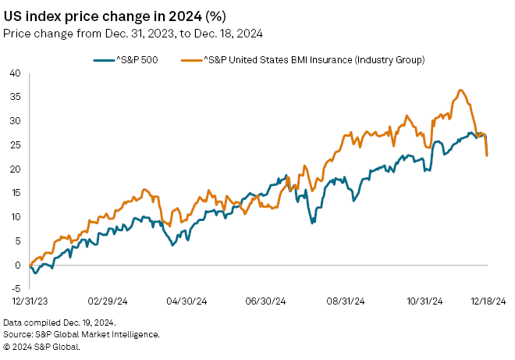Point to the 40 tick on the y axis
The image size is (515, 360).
click(14, 73)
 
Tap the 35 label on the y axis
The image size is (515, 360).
click(14, 97)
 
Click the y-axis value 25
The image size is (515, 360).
click(14, 145)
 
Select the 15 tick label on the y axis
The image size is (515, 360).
click(14, 193)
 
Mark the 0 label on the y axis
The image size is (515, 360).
click(16, 265)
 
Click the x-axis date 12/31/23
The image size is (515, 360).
click(29, 301)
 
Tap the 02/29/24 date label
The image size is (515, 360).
click(108, 301)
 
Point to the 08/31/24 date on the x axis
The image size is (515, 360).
click(344, 301)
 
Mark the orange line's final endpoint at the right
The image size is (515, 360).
click(487, 155)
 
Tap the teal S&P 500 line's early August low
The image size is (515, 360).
click(313, 223)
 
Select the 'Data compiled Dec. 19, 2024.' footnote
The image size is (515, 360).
click(59, 323)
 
